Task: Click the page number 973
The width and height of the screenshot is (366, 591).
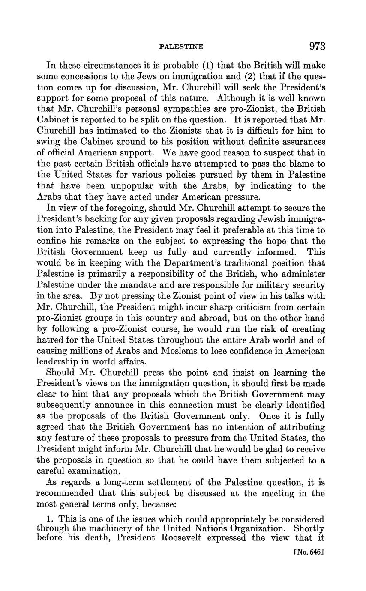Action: pyautogui.click(x=316, y=46)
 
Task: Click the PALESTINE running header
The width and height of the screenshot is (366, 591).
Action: pyautogui.click(x=181, y=47)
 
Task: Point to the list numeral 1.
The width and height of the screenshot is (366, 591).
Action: pyautogui.click(x=48, y=519)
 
